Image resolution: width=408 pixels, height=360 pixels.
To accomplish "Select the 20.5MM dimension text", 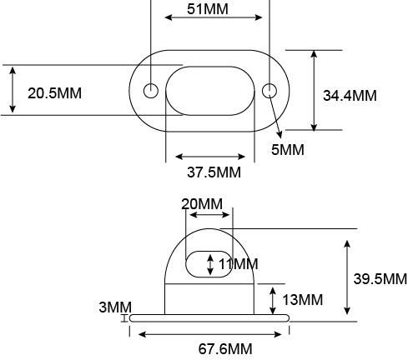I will pos(54,92).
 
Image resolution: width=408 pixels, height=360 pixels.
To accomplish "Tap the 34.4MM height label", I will pos(350,95).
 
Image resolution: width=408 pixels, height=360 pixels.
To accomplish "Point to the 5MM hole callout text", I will pos(288,150).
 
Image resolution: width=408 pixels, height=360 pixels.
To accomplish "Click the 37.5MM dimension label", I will pos(213,172).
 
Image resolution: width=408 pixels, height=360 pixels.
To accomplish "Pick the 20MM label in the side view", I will pos(202,204).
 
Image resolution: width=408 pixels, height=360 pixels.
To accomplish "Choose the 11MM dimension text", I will pos(238,264).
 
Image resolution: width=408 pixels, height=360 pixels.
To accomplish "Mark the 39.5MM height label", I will pos(380,279).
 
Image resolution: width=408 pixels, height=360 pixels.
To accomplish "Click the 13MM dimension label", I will pos(303,299).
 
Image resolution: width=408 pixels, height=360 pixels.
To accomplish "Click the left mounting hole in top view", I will pos(151,90).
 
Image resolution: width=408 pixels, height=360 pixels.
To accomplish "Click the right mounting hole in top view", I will pos(269,90).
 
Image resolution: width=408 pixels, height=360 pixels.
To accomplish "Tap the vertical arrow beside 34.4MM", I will pos(315,90).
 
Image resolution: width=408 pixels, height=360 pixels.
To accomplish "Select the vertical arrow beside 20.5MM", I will pos(13,90).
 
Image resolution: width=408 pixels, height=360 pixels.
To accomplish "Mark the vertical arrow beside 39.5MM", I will pos(347,277).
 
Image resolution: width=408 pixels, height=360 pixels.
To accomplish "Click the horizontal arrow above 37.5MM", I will pos(209,157).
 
